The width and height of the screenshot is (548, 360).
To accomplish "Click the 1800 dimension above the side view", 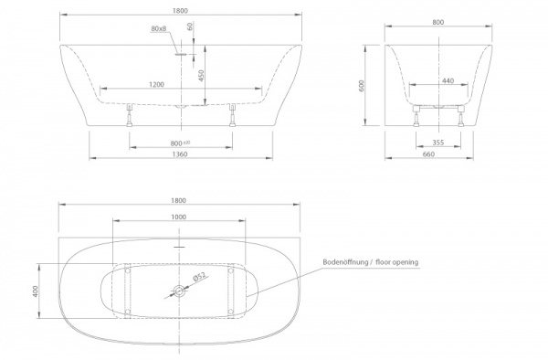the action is pos(180,10).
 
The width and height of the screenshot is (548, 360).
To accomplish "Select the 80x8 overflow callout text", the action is pos(159,28).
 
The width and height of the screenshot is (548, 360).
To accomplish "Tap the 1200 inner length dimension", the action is pos(156,84).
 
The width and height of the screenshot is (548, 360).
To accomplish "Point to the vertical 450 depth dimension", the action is pos(201,76).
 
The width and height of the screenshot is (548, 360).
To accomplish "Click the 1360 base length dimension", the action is pos(180,154).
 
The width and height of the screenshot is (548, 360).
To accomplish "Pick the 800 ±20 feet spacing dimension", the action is pos(180,143).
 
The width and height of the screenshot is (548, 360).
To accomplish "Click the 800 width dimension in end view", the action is pos(437,22).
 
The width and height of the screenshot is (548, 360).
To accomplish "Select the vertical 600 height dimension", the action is pos(362,86).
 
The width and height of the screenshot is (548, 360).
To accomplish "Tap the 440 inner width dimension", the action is pos(448,81).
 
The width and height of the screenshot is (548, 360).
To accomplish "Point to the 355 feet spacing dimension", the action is pos(437,143).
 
